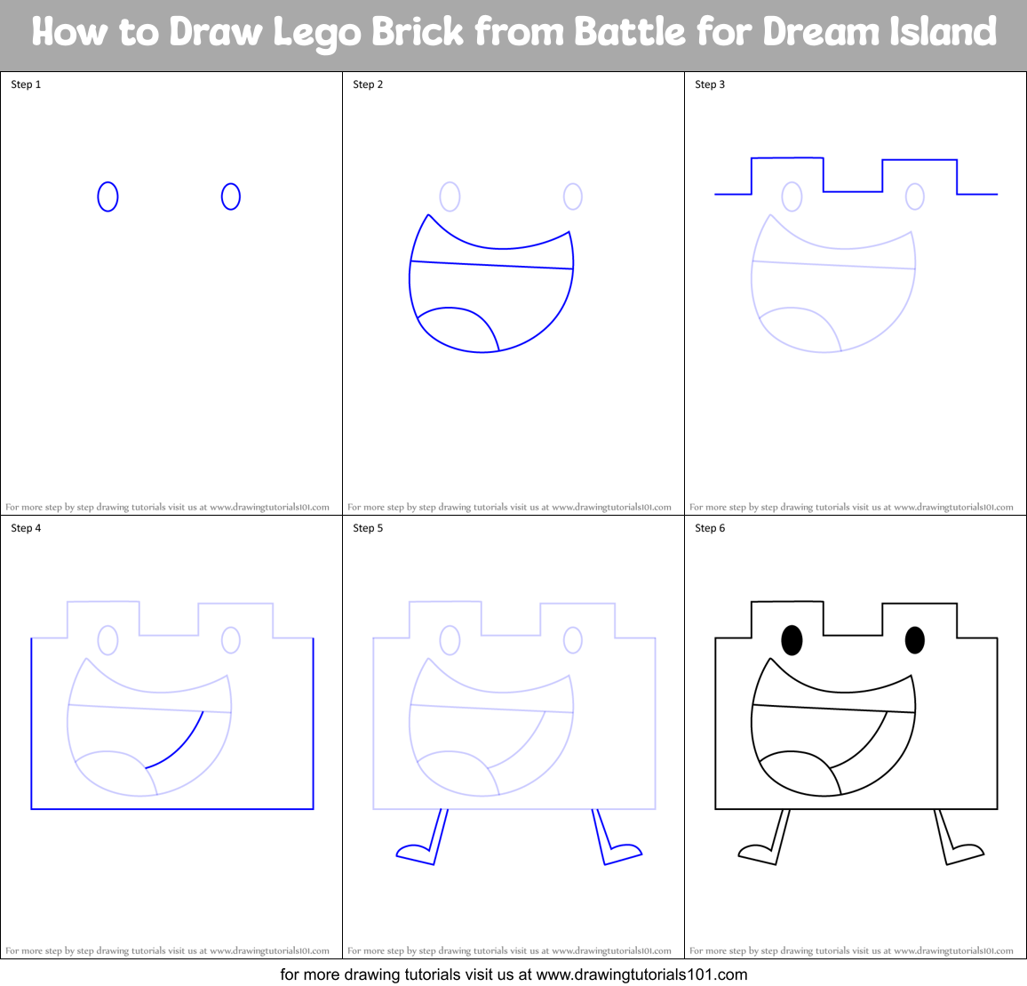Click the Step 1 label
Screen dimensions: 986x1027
(x=26, y=84)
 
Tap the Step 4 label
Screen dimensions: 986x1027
(x=26, y=528)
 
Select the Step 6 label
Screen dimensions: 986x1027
(x=710, y=528)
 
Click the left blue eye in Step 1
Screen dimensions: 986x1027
(x=107, y=196)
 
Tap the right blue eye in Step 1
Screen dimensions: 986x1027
(x=230, y=196)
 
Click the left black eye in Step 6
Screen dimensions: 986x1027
(x=792, y=639)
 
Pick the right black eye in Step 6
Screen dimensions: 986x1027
(x=914, y=639)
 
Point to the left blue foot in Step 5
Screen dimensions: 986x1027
(x=412, y=853)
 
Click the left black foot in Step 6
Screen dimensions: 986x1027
(x=754, y=853)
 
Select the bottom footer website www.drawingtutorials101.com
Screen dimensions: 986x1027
(x=642, y=974)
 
